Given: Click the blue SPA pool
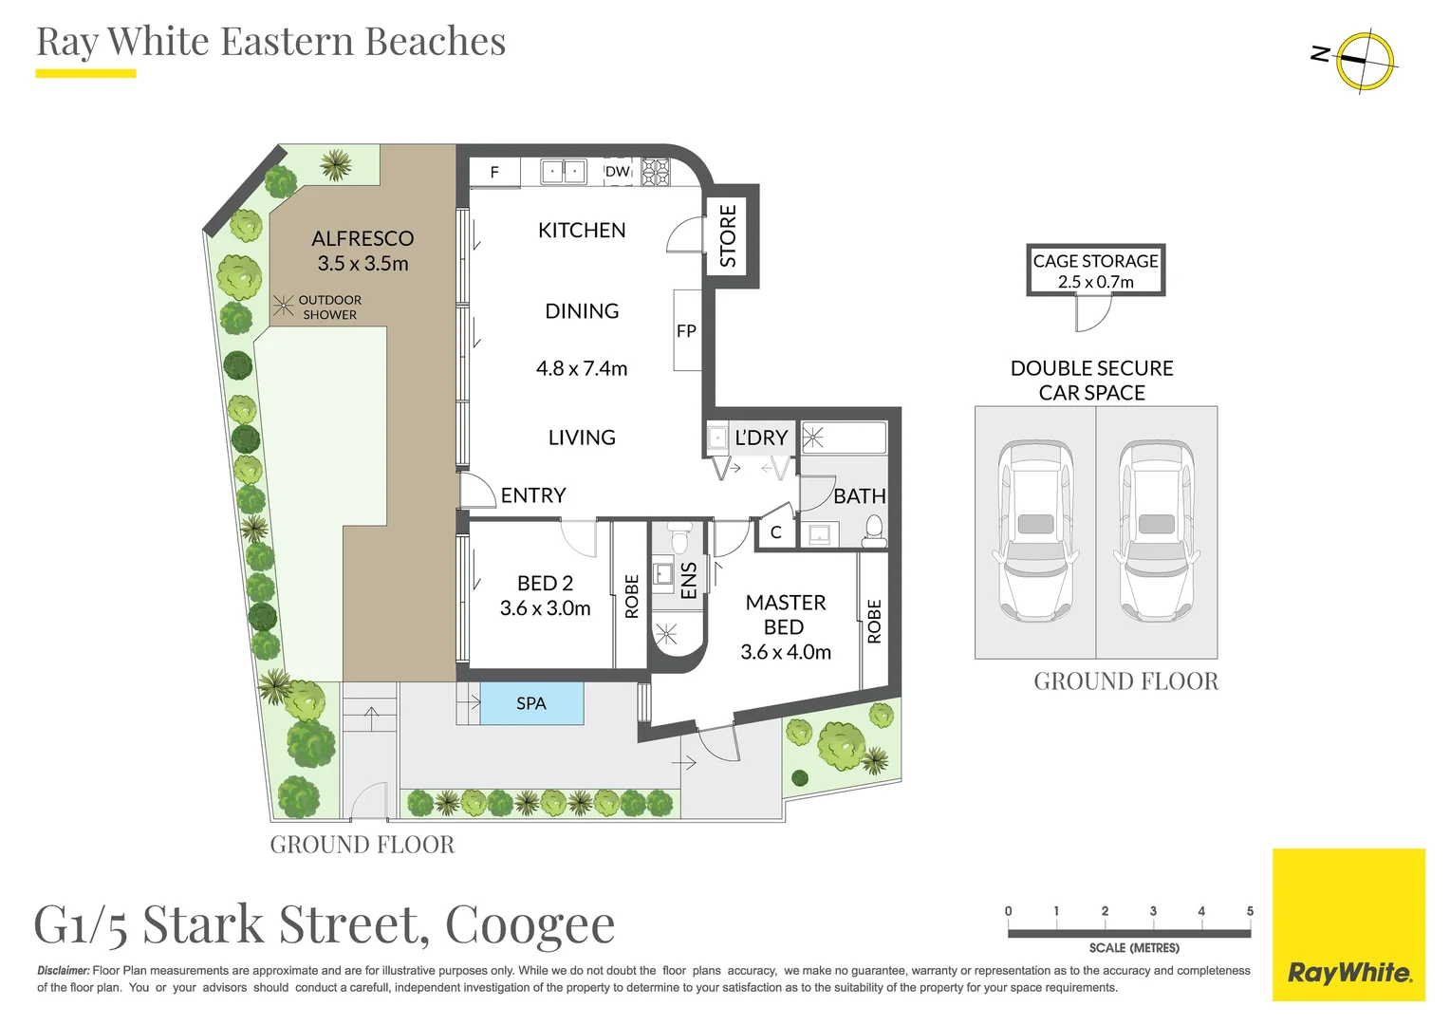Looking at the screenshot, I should pyautogui.click(x=531, y=703).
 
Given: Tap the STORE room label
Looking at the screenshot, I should pyautogui.click(x=728, y=235).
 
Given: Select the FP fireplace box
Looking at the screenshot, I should pyautogui.click(x=687, y=330).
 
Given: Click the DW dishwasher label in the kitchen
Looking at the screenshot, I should pyautogui.click(x=618, y=172).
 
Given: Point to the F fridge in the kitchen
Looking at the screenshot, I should pyautogui.click(x=494, y=172).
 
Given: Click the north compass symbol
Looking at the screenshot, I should pyautogui.click(x=1364, y=60).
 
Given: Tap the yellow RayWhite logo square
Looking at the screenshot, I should pyautogui.click(x=1348, y=924).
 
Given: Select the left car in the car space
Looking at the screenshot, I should pyautogui.click(x=1035, y=531).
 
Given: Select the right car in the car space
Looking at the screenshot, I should pyautogui.click(x=1156, y=531).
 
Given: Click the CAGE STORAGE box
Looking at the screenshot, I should pyautogui.click(x=1096, y=270).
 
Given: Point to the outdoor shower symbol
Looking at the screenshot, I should pyautogui.click(x=283, y=306).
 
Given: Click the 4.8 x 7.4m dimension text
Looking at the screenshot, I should pyautogui.click(x=582, y=368).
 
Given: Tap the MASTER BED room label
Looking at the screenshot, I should pyautogui.click(x=786, y=614).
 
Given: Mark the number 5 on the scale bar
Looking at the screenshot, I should pyautogui.click(x=1250, y=911).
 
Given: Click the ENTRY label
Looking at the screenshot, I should pyautogui.click(x=533, y=495).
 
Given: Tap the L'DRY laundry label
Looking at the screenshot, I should pyautogui.click(x=761, y=438).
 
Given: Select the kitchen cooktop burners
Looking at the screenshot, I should pyautogui.click(x=656, y=172).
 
